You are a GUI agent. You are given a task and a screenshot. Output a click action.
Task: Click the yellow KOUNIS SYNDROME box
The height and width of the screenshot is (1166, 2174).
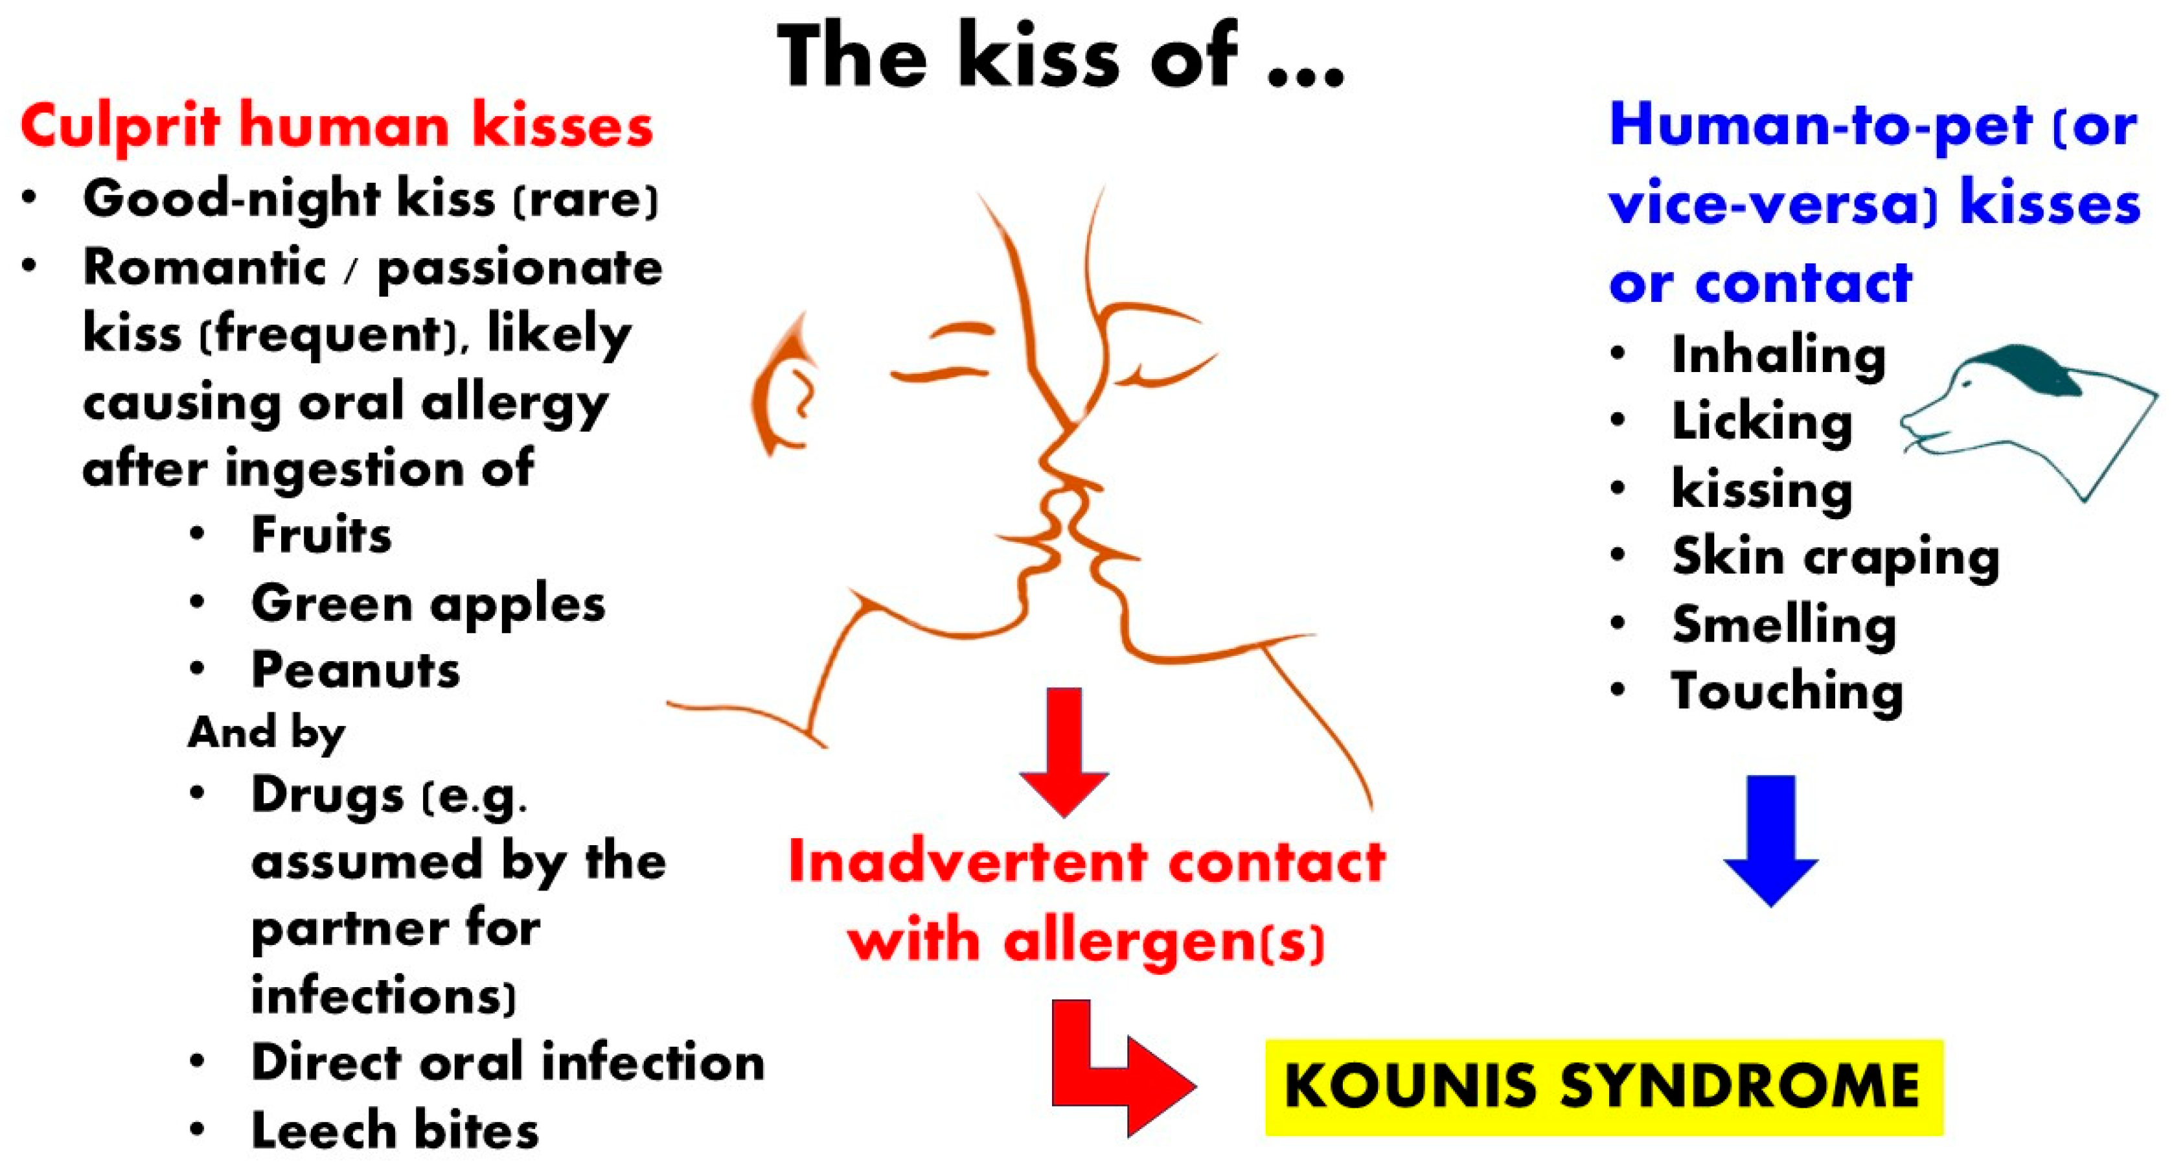tap(1603, 1087)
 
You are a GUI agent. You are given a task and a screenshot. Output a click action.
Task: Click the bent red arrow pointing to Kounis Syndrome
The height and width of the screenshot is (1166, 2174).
tap(1114, 1072)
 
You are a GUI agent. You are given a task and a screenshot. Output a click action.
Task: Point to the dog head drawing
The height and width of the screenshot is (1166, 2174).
tap(2026, 414)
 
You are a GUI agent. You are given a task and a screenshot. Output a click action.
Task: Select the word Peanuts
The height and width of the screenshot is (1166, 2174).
tap(355, 671)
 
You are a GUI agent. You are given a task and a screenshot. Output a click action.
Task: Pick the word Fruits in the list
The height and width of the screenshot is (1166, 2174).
tap(321, 535)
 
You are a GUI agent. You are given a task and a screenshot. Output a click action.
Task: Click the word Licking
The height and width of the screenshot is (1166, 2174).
tap(1762, 421)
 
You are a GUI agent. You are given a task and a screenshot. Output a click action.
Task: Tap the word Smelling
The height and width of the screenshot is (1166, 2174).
tap(1784, 625)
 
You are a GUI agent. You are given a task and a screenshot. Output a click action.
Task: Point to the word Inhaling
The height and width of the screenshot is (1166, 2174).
tap(1778, 355)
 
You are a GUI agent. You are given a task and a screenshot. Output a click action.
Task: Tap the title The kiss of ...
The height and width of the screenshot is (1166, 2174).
tap(1059, 58)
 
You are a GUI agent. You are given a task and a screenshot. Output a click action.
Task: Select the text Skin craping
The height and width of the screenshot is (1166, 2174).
tap(1836, 557)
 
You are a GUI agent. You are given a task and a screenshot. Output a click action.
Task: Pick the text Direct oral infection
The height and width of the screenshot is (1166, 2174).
tap(507, 1062)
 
